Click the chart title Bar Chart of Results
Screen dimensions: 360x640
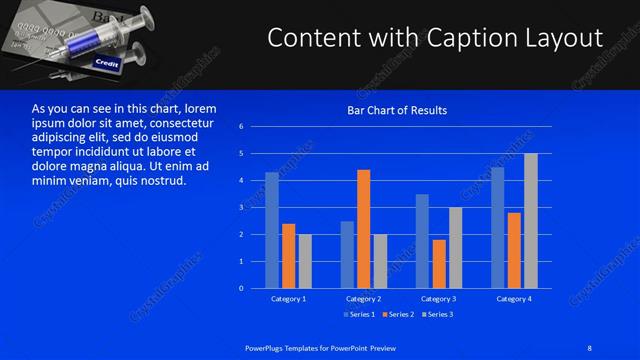(397, 110)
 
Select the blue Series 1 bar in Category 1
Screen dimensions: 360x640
(272, 230)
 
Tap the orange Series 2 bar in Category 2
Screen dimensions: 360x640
(363, 228)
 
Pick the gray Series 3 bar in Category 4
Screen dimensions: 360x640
(531, 220)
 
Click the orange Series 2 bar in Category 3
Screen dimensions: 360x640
(439, 263)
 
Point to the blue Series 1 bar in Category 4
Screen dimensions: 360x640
(498, 227)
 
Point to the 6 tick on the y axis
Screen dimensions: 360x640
(241, 127)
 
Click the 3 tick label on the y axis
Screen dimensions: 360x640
(241, 207)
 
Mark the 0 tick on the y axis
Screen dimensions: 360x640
(241, 288)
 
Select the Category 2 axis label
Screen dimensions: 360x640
(364, 299)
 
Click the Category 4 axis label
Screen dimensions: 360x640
(515, 299)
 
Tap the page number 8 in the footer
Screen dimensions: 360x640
(590, 347)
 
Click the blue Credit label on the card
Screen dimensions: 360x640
(106, 63)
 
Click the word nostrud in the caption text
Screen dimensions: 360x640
(162, 181)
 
